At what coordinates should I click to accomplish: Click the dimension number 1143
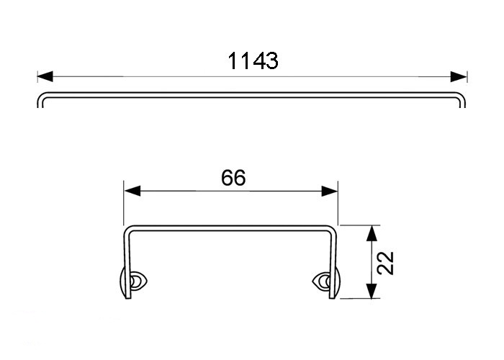click(253, 62)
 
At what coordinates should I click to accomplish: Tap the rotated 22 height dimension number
click(387, 263)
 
